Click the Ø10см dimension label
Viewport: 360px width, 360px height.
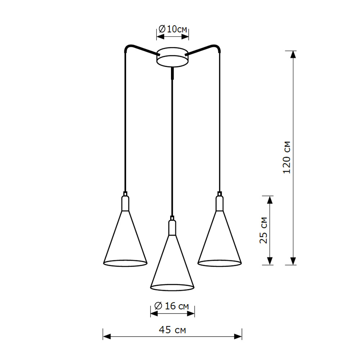pyautogui.click(x=173, y=29)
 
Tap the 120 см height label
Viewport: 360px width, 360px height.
pyautogui.click(x=287, y=157)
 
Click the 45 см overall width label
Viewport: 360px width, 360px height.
pyautogui.click(x=172, y=330)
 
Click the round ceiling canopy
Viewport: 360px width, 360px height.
pyautogui.click(x=172, y=58)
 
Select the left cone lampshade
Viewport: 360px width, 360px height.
pyautogui.click(x=125, y=241)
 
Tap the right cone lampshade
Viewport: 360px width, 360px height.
pyautogui.click(x=219, y=241)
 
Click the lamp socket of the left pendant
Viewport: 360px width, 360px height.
pyautogui.click(x=125, y=203)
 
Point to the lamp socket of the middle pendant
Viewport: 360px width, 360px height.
pyautogui.click(x=172, y=227)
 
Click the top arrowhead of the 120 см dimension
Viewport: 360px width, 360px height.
pyautogui.click(x=293, y=54)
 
